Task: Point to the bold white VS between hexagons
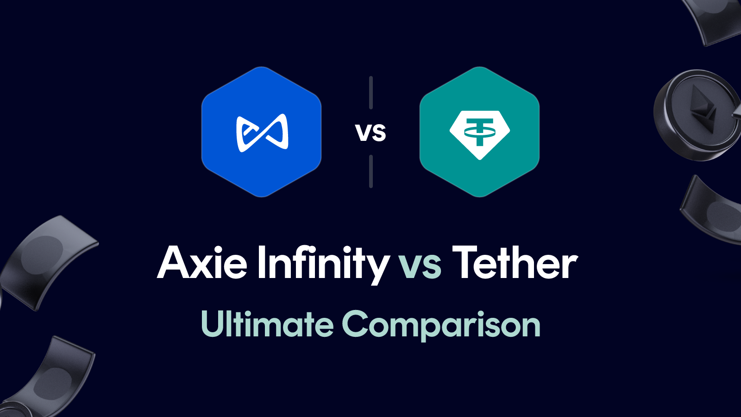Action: (x=370, y=133)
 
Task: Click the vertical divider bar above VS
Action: (x=371, y=93)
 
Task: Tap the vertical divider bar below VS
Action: (x=371, y=171)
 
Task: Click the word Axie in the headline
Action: (x=202, y=263)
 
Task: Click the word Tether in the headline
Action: (x=515, y=263)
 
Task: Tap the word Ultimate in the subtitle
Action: (x=267, y=324)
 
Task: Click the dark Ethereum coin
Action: (x=695, y=116)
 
